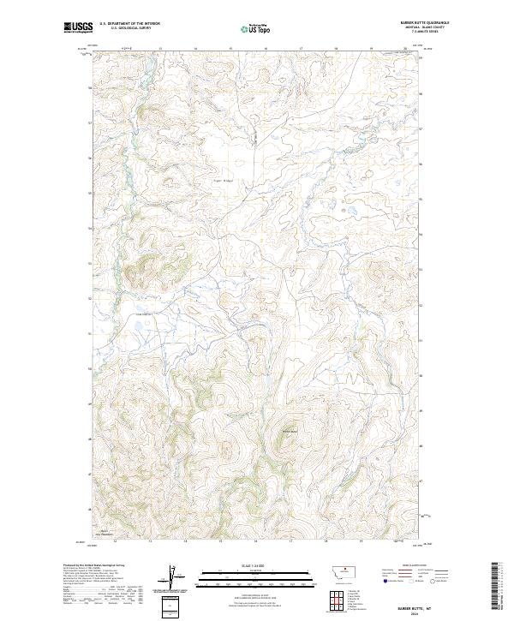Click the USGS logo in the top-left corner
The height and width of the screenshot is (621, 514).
pyautogui.click(x=78, y=28)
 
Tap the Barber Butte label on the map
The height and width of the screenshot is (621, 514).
pyautogui.click(x=289, y=431)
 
